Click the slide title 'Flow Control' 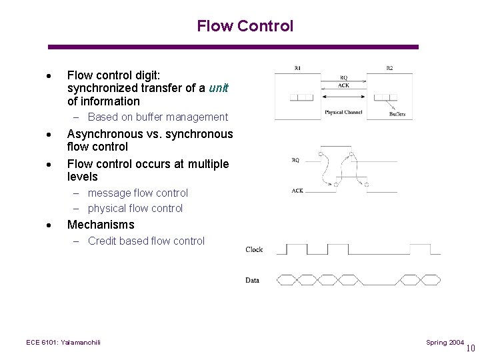[x=245, y=26]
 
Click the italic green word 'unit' [x=218, y=88]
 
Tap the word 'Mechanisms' [x=101, y=225]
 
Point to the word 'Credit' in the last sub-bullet [x=103, y=241]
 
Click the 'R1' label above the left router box [x=297, y=68]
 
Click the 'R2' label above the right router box [x=389, y=68]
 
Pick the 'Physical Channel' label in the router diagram [x=343, y=112]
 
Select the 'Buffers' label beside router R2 [x=397, y=114]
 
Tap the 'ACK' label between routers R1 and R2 [x=343, y=85]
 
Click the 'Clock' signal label [x=254, y=249]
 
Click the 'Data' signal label [x=252, y=280]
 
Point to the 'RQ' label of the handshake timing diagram [x=295, y=160]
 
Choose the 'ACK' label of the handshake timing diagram [x=297, y=191]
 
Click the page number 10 [x=471, y=347]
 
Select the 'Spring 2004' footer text [x=445, y=342]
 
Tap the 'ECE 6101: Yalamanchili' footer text [x=63, y=342]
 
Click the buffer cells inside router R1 [x=302, y=97]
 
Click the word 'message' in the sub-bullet [x=109, y=193]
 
